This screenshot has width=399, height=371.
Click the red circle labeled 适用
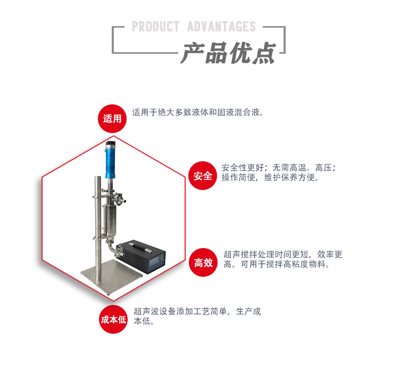(112, 118)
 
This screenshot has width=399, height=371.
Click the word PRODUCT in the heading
(157, 27)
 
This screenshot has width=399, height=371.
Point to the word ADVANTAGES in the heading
(221, 27)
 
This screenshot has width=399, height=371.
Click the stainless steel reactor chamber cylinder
(111, 218)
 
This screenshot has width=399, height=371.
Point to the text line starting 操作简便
(270, 178)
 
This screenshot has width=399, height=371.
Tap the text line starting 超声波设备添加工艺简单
(197, 311)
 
